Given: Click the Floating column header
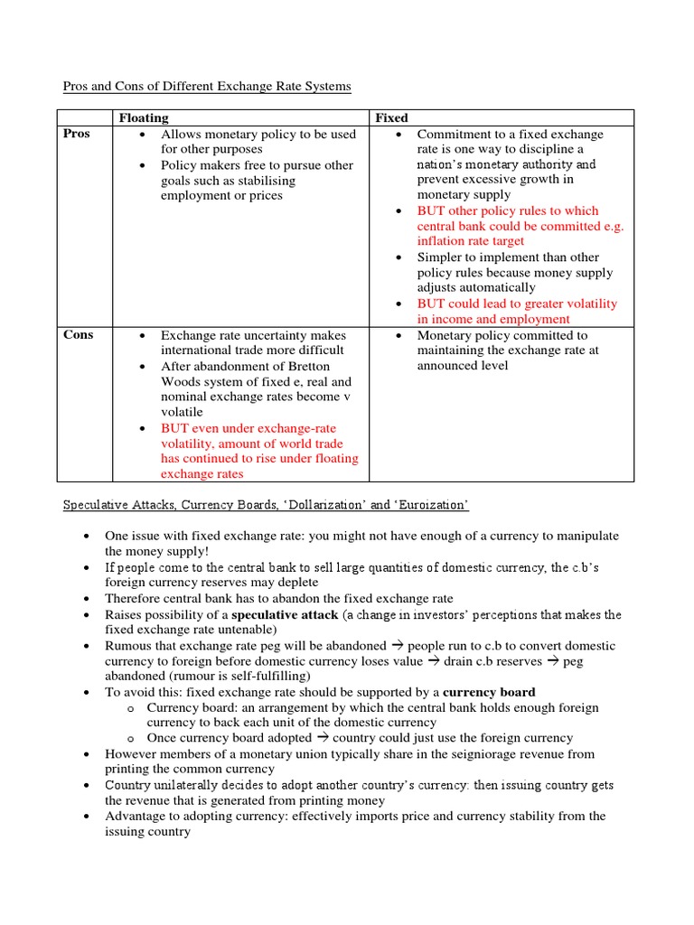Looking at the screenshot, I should pos(144,117).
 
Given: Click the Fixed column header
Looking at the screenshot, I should pos(391,117).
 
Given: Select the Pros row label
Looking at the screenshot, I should pos(77,134).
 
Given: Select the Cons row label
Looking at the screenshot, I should pos(78,335).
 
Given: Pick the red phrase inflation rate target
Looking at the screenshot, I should pos(470,241).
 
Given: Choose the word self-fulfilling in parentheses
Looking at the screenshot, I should pos(267,676).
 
